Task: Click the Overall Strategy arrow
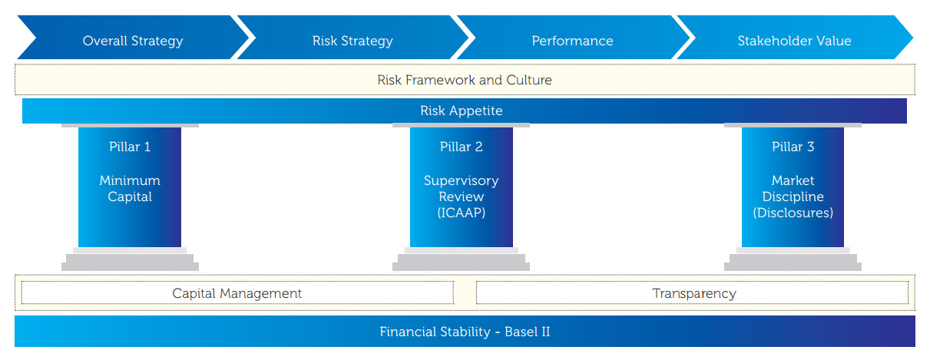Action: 133,41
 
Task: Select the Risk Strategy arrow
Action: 352,41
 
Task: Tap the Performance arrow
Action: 572,41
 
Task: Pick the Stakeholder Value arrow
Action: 794,41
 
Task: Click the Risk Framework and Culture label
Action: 464,80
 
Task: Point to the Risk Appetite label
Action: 461,111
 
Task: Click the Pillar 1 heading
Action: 129,147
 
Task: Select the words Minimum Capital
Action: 129,189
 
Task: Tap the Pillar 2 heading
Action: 461,147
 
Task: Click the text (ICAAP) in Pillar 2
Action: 461,213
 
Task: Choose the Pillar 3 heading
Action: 793,147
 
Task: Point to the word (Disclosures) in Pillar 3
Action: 793,213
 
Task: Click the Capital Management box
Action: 237,293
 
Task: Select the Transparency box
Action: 693,293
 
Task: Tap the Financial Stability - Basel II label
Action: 464,332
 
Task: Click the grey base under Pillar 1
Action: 129,259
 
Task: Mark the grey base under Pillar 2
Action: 461,259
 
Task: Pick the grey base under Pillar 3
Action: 793,259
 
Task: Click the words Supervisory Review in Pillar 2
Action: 461,189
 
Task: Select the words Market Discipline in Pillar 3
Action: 793,189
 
